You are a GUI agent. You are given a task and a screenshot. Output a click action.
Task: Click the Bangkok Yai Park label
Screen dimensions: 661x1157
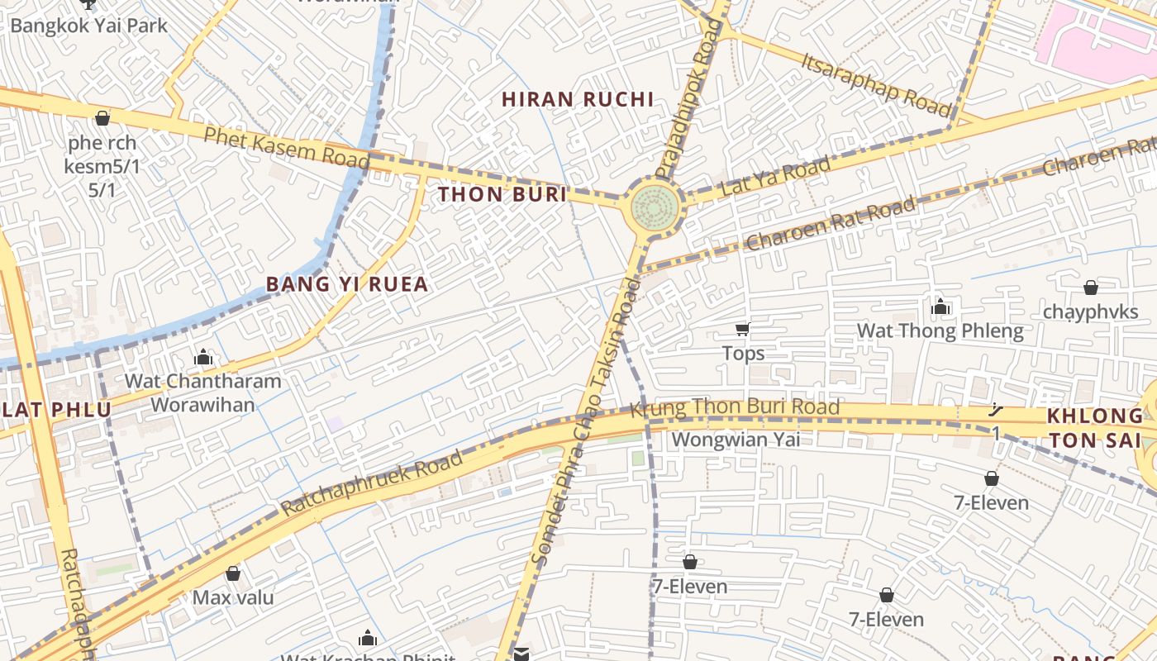pyautogui.click(x=88, y=26)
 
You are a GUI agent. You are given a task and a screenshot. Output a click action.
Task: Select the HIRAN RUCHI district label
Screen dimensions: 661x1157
pyautogui.click(x=578, y=100)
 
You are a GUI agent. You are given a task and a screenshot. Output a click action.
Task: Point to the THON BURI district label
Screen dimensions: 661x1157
pyautogui.click(x=502, y=195)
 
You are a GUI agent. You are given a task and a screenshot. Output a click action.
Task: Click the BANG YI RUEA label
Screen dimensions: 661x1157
pyautogui.click(x=347, y=284)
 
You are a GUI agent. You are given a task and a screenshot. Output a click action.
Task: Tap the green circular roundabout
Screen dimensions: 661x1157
pyautogui.click(x=655, y=209)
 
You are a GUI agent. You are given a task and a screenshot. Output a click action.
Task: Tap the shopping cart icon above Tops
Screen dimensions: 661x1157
pyautogui.click(x=743, y=330)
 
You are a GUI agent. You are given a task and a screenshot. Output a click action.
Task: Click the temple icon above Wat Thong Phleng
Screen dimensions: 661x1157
pyautogui.click(x=940, y=307)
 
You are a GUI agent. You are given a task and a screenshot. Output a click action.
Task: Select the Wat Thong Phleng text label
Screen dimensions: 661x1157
pyautogui.click(x=940, y=332)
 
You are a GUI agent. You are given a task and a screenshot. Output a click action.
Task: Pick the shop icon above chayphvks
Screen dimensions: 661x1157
pyautogui.click(x=1090, y=288)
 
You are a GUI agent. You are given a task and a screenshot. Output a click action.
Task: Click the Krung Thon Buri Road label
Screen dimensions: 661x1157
pyautogui.click(x=735, y=407)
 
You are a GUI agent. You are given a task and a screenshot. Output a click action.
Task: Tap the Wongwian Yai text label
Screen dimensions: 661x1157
pyautogui.click(x=735, y=439)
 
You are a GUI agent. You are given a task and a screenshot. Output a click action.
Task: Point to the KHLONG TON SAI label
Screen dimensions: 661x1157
pyautogui.click(x=1094, y=427)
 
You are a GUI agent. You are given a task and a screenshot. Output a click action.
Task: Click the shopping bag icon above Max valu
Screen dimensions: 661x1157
pyautogui.click(x=233, y=573)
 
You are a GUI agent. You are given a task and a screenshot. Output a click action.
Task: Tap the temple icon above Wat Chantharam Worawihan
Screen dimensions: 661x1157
pyautogui.click(x=203, y=357)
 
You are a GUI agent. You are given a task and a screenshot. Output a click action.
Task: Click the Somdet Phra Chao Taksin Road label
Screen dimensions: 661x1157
pyautogui.click(x=585, y=421)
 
